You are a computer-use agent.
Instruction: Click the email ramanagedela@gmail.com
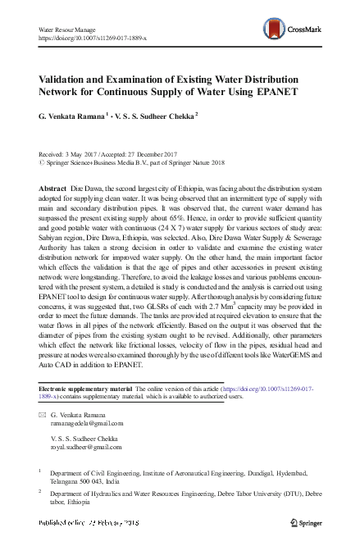pyautogui.click(x=87, y=425)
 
